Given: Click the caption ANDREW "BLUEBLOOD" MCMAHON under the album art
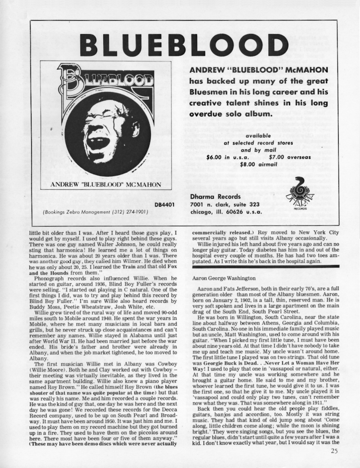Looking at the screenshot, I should coord(105,185).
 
